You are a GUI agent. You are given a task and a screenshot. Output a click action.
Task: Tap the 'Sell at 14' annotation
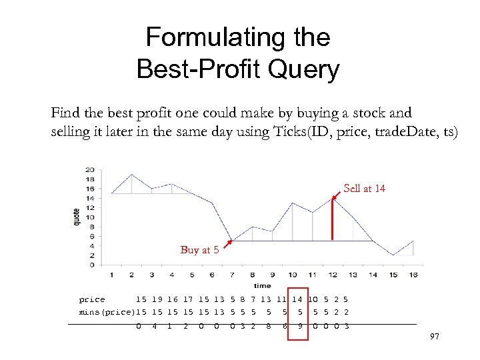click(364, 189)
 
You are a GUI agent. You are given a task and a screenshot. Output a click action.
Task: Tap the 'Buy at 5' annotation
click(199, 250)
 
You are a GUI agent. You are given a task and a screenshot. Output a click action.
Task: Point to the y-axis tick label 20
click(90, 169)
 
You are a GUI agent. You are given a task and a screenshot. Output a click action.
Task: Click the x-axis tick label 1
click(111, 275)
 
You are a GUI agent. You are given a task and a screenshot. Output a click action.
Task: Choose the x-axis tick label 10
click(293, 275)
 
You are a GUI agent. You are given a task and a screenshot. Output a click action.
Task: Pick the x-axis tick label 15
click(393, 275)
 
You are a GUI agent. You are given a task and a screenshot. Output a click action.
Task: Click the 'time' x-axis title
click(262, 285)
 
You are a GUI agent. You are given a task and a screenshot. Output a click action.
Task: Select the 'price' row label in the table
click(92, 300)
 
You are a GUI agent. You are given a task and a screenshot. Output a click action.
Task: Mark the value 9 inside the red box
click(301, 326)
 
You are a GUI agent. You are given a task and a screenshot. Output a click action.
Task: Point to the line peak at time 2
click(131, 174)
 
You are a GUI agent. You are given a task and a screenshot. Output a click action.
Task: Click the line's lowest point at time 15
click(393, 255)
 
